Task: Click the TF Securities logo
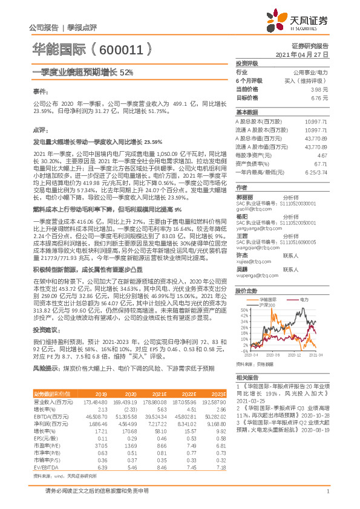303,22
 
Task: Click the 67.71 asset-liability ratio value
321,163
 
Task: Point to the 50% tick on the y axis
243,310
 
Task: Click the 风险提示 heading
44,368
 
